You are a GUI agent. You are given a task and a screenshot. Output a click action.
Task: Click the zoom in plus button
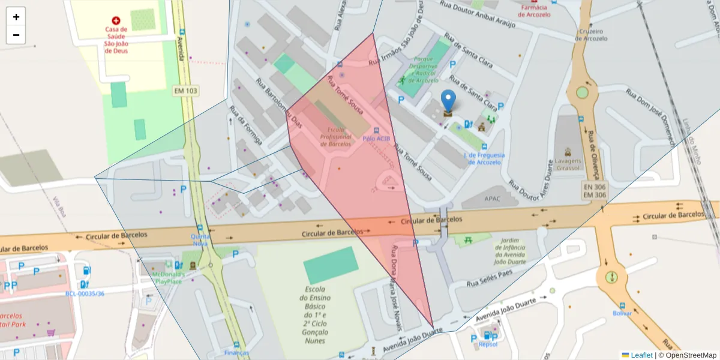16,17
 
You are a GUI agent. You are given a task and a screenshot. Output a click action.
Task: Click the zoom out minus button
16,35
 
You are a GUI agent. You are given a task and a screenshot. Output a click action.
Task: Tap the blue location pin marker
448,103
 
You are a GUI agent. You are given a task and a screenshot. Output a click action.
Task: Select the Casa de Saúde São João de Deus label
116,40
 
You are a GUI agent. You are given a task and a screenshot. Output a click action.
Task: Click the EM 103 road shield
186,91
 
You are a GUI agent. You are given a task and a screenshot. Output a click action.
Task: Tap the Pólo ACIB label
376,138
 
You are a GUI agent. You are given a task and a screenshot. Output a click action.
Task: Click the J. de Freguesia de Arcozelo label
484,158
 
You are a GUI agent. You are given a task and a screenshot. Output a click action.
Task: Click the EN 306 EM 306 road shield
595,191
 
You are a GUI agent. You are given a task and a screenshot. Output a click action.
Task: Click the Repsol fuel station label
488,344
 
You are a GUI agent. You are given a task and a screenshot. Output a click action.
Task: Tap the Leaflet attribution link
641,355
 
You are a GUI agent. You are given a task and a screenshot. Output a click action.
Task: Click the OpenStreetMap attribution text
690,355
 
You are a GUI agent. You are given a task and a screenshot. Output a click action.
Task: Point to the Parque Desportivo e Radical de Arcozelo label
425,70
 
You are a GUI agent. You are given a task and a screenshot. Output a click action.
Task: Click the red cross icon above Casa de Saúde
116,20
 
